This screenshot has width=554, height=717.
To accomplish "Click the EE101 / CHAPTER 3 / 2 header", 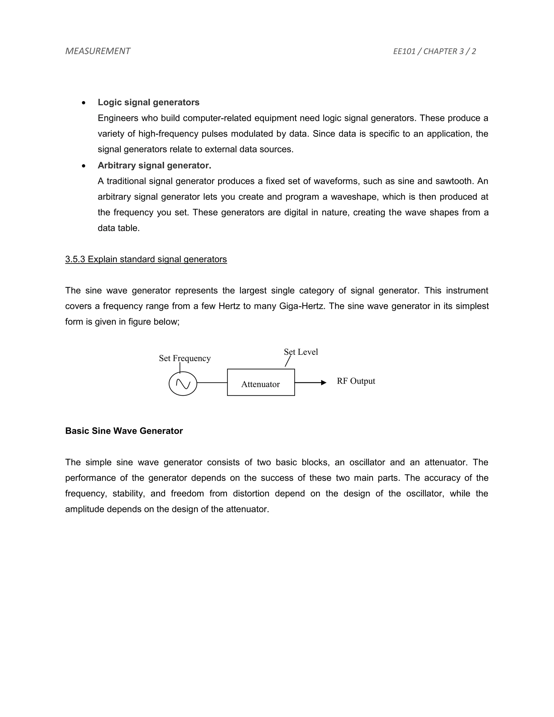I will click(x=434, y=51).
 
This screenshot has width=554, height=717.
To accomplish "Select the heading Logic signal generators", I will click(x=148, y=103).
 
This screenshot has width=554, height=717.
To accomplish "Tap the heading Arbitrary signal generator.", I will click(x=154, y=166).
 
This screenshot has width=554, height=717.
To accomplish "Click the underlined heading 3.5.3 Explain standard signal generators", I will click(x=146, y=259).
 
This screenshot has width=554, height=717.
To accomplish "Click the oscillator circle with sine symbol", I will click(x=183, y=383).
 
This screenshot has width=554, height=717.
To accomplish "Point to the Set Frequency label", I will click(x=184, y=358).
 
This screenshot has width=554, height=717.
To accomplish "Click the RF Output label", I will click(x=356, y=381).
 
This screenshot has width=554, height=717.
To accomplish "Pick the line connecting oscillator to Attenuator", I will click(x=212, y=383).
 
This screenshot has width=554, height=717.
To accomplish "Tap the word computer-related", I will click(x=217, y=118).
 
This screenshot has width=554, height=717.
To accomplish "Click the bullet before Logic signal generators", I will click(x=84, y=103).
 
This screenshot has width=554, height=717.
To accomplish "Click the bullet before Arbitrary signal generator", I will click(x=84, y=166).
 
